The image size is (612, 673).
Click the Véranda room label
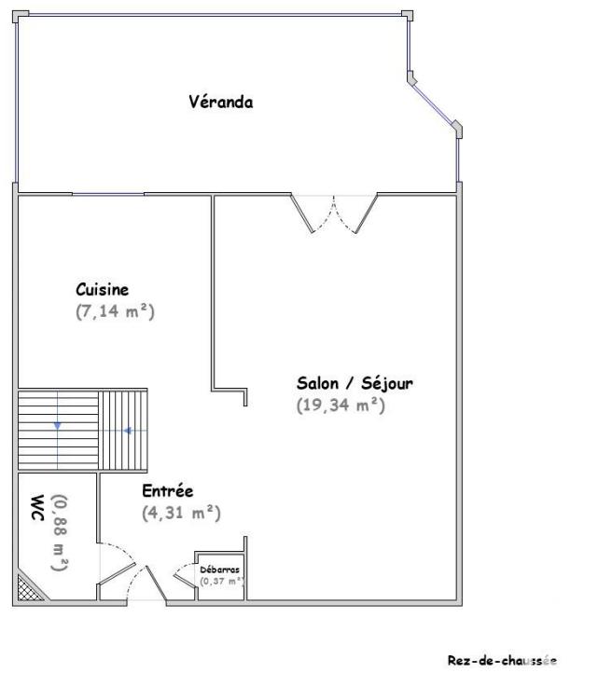click(220, 103)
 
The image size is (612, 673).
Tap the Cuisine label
click(102, 290)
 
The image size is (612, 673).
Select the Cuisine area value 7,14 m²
click(115, 312)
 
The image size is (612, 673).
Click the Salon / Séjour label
click(355, 382)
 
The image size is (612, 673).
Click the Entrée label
click(167, 490)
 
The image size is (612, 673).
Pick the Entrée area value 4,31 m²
click(181, 512)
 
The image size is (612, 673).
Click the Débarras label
click(220, 568)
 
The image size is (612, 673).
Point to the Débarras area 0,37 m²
click(221, 581)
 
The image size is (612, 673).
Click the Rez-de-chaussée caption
click(502, 660)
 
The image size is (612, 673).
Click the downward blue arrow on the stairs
click(58, 425)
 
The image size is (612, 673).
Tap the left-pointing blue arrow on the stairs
click(127, 430)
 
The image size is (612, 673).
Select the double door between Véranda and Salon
click(334, 214)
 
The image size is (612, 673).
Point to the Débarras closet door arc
click(184, 577)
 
